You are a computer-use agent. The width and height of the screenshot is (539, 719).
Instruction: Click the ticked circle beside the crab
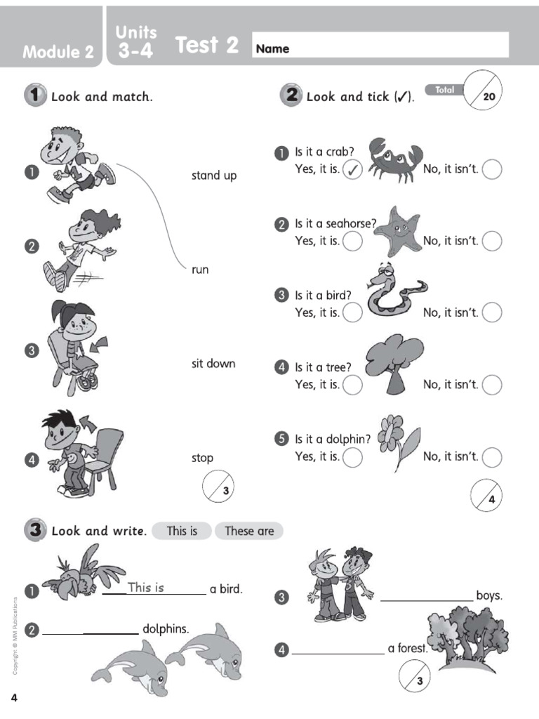click(352, 169)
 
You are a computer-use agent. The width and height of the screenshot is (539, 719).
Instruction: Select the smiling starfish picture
click(397, 231)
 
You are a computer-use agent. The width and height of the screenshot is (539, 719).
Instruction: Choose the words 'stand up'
click(214, 176)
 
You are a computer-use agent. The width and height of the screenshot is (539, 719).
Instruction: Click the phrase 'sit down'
click(213, 364)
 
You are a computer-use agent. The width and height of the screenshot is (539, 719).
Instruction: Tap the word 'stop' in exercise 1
click(202, 458)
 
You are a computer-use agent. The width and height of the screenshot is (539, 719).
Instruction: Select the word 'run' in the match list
click(200, 270)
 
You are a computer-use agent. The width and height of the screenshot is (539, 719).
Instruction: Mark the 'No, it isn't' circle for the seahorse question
click(492, 241)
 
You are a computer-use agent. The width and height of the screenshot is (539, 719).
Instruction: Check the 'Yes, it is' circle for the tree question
click(352, 385)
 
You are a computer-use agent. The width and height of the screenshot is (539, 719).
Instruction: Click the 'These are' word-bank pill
click(249, 531)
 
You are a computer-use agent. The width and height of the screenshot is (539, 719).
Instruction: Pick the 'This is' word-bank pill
click(182, 531)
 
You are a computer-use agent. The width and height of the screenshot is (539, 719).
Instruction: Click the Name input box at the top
click(380, 46)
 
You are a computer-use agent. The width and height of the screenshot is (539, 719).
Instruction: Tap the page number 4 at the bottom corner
click(13, 697)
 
